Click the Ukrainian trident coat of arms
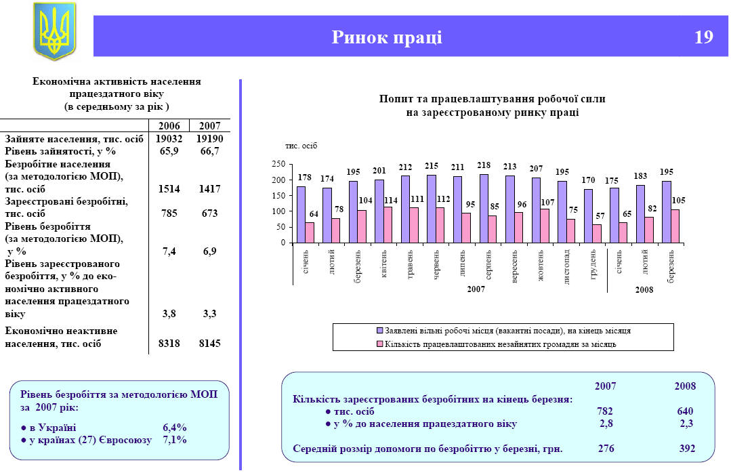55,31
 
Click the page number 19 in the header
704,37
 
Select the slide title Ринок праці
387,37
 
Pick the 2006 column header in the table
169,126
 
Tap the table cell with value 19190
210,139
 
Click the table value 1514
169,188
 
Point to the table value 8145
210,344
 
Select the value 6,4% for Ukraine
174,428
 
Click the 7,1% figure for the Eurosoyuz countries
174,440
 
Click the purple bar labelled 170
588,216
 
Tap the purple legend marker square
380,331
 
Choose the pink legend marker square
380,344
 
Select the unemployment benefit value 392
688,448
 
